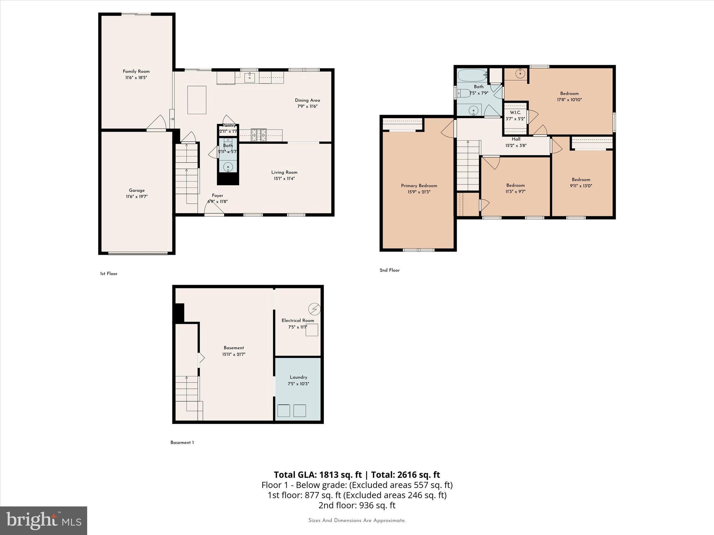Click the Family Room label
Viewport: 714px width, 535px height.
136,71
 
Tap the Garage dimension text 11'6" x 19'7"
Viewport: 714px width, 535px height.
137,197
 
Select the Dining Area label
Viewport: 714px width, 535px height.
307,100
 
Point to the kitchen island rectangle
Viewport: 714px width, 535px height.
197,100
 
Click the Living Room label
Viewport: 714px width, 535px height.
284,172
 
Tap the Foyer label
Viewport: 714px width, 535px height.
217,196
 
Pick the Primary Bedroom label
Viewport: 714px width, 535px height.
419,186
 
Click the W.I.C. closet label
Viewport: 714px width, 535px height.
515,113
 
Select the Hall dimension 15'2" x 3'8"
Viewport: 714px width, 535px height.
516,146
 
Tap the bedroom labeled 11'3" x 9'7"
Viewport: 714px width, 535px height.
515,188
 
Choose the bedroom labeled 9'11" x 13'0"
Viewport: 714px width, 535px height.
581,183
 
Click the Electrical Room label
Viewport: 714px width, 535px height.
298,320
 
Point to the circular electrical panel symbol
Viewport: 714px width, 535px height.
314,309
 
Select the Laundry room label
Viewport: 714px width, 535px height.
298,377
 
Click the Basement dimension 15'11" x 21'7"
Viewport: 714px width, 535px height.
234,354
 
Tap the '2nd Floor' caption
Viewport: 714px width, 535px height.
389,270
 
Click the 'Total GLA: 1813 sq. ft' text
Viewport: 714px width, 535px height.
318,475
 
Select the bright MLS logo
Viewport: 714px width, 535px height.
44,521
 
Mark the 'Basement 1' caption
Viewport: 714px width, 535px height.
182,443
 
